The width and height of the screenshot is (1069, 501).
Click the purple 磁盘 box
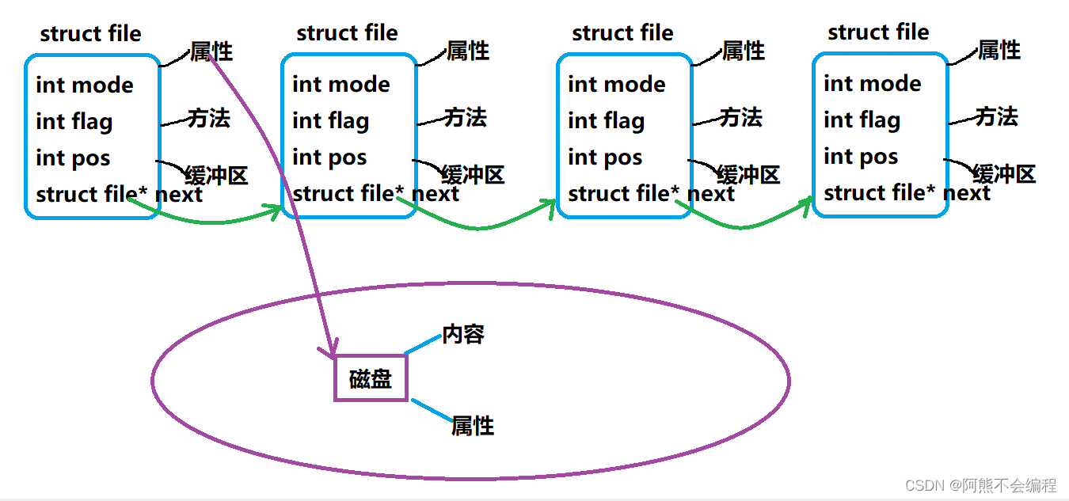[x=371, y=378]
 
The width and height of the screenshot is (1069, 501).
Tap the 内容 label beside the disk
[x=463, y=334]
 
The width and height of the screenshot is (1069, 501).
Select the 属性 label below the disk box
[x=472, y=426]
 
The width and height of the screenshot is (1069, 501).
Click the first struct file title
[x=90, y=34]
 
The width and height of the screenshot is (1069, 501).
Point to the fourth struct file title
[x=878, y=32]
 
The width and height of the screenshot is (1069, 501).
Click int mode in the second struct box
[x=341, y=85]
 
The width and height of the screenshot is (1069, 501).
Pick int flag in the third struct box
[x=607, y=121]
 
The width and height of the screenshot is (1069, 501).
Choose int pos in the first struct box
[x=73, y=158]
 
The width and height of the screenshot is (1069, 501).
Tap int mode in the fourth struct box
[x=873, y=84]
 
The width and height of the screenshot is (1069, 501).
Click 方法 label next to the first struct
[x=209, y=119]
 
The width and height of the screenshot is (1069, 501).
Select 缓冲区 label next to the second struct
[x=473, y=175]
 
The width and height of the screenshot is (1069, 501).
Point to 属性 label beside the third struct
[x=744, y=51]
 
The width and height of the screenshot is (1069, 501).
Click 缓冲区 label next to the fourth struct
[x=1004, y=174]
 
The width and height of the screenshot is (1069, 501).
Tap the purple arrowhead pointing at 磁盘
[x=332, y=348]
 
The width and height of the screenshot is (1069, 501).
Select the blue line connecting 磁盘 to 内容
[x=422, y=344]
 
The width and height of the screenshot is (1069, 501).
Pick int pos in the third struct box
[x=605, y=158]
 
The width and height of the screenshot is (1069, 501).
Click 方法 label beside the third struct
[x=741, y=118]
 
